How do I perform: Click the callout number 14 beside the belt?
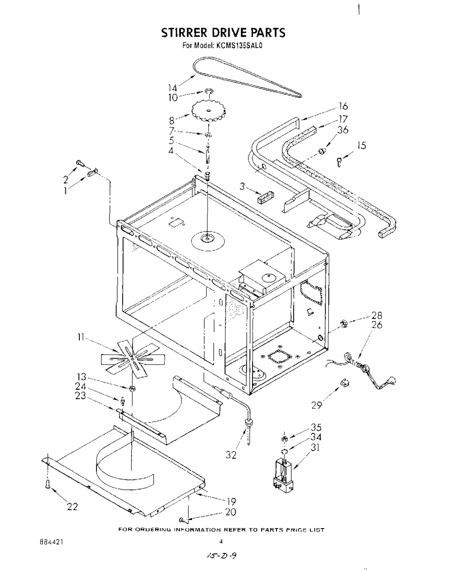pos(172,88)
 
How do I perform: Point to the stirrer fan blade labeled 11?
pos(133,359)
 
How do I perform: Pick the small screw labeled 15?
pos(339,161)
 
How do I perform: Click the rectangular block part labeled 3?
pos(266,197)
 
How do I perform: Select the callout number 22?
pos(72,507)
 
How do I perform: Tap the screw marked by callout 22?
pos(48,484)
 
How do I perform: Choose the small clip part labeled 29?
pos(345,382)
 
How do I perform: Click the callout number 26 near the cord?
pos(377,325)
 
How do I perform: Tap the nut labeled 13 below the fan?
pos(131,389)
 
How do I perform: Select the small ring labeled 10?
pos(209,92)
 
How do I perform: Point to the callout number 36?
pos(343,130)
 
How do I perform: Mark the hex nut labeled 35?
pos(284,438)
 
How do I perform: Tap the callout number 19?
pos(231,502)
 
